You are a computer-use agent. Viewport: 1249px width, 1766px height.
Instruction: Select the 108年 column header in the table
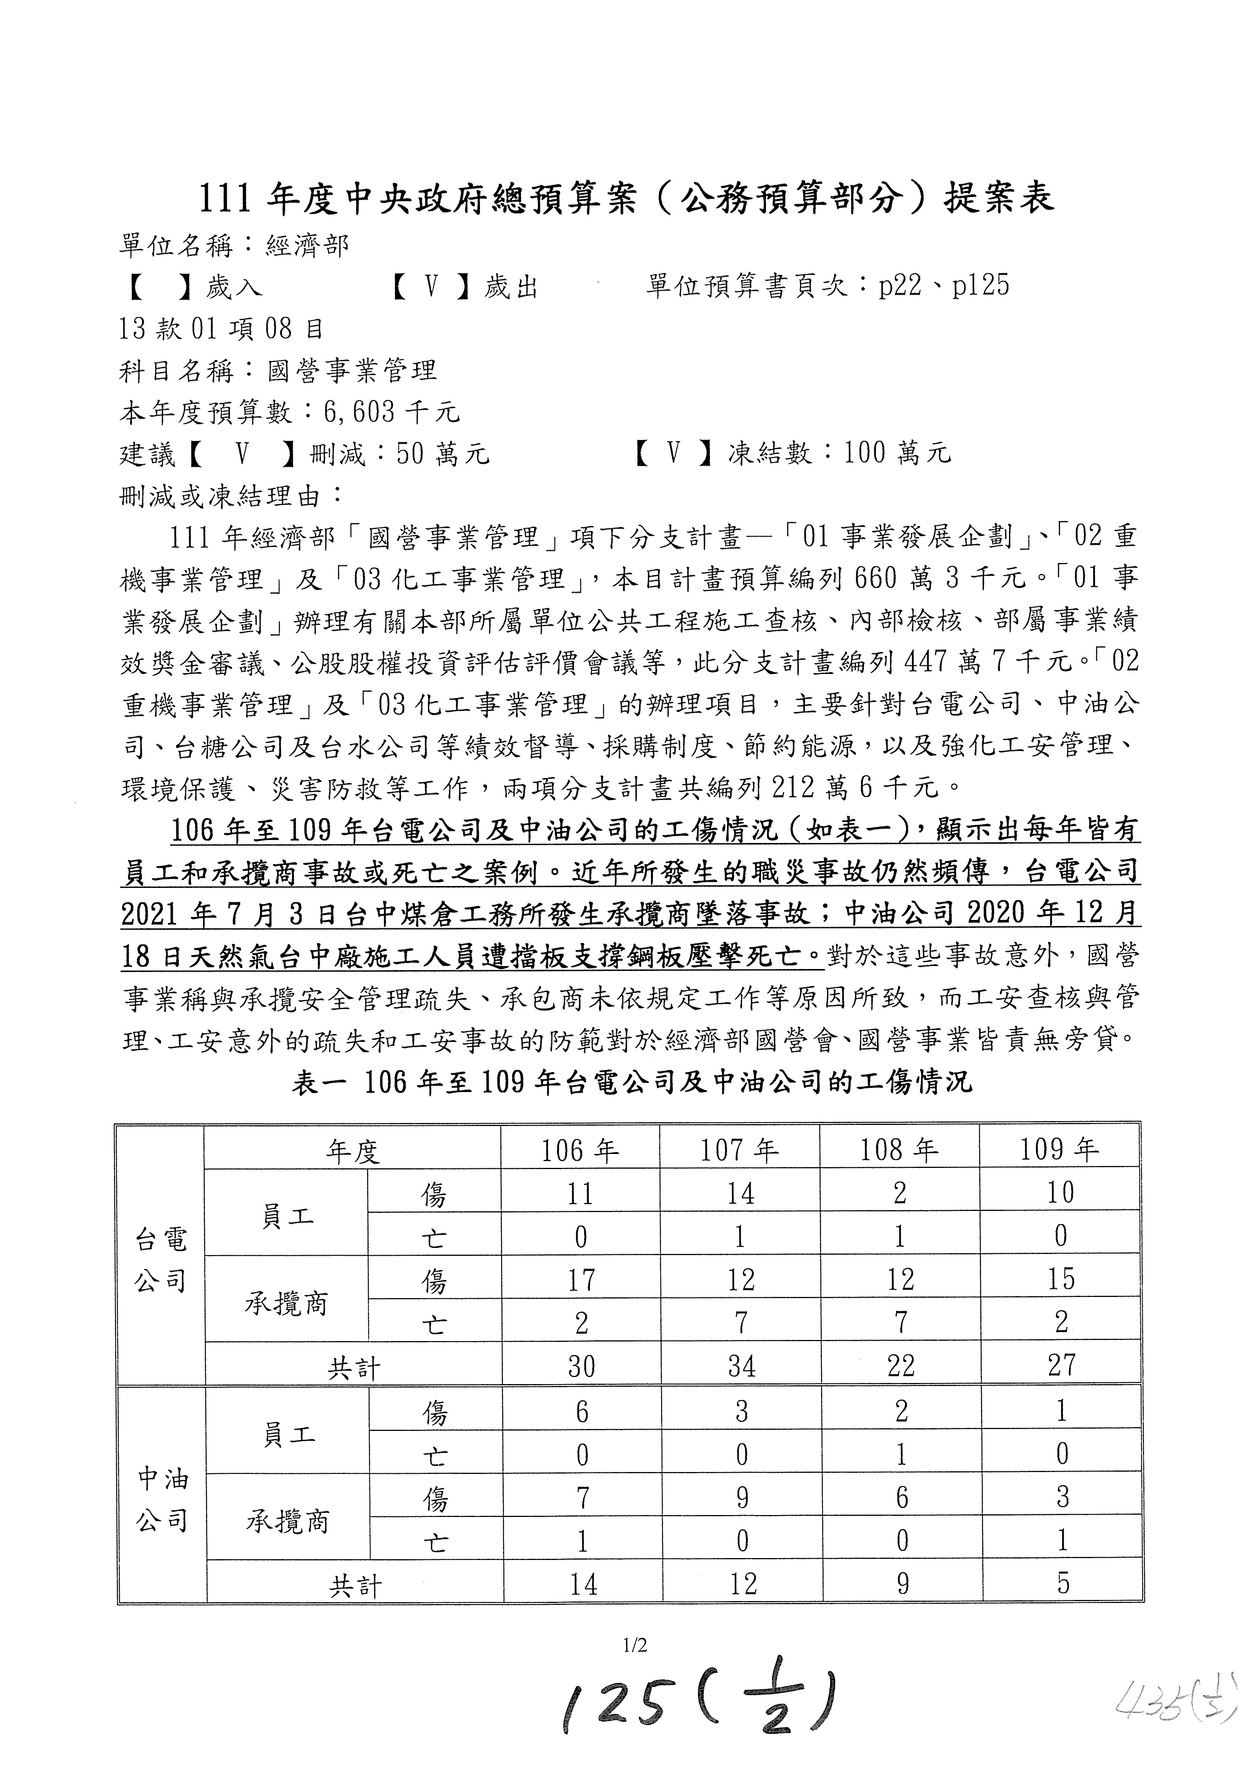coord(898,1150)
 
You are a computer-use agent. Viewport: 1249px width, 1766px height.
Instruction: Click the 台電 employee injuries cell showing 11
coord(580,1194)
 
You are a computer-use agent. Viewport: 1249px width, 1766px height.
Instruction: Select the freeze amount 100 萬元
coord(898,453)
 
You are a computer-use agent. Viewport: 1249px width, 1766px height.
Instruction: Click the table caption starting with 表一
coord(632,1082)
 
